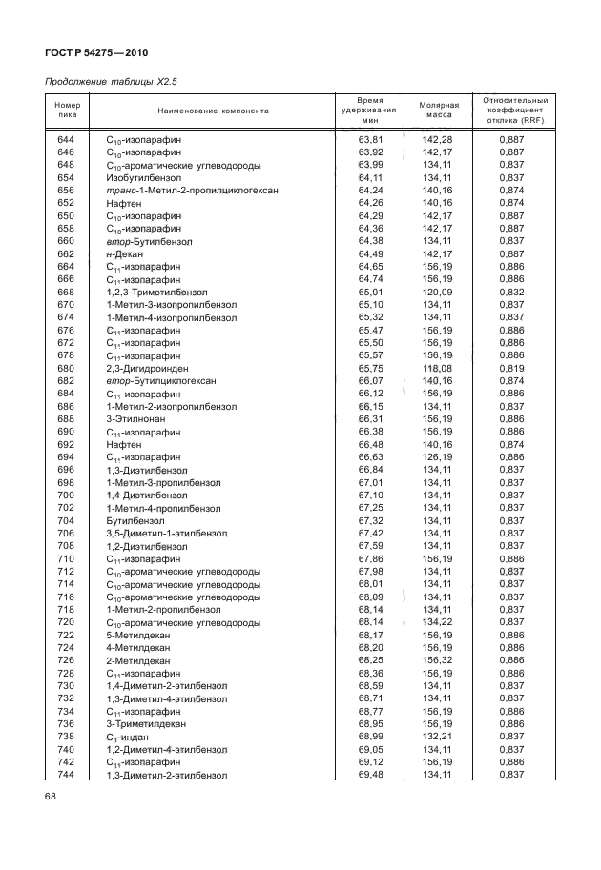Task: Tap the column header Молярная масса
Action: (x=439, y=111)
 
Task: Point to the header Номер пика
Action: (x=67, y=111)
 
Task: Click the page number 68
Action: (x=51, y=796)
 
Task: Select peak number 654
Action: (x=66, y=177)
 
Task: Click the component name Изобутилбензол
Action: (x=143, y=177)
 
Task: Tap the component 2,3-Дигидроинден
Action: (x=147, y=368)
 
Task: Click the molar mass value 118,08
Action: (x=437, y=368)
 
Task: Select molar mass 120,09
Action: (x=437, y=292)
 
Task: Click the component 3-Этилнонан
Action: (x=135, y=418)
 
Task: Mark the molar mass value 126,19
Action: (x=437, y=456)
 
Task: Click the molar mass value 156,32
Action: (x=437, y=659)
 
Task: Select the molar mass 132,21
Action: (x=437, y=737)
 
